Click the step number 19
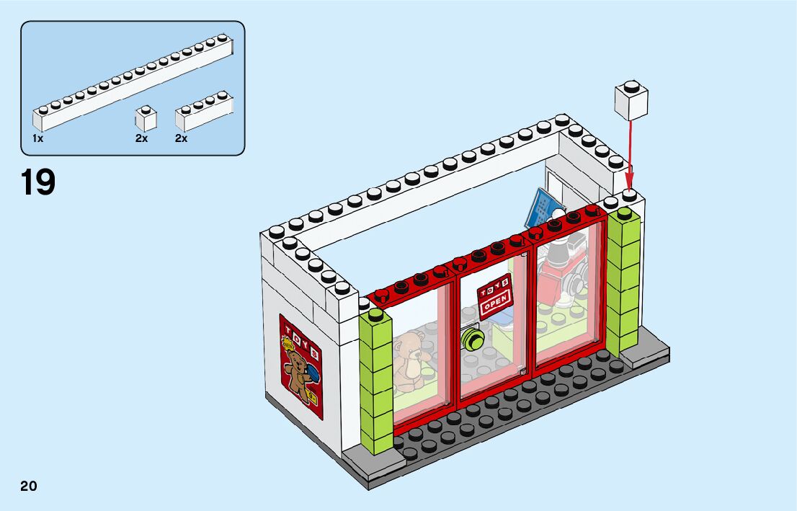tap(38, 182)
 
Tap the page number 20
tap(29, 486)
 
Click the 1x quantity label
tap(37, 138)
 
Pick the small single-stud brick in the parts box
tap(146, 119)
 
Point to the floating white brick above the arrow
tap(631, 101)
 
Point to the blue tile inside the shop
tap(540, 205)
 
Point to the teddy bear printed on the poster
tap(297, 371)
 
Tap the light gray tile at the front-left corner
tap(364, 461)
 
